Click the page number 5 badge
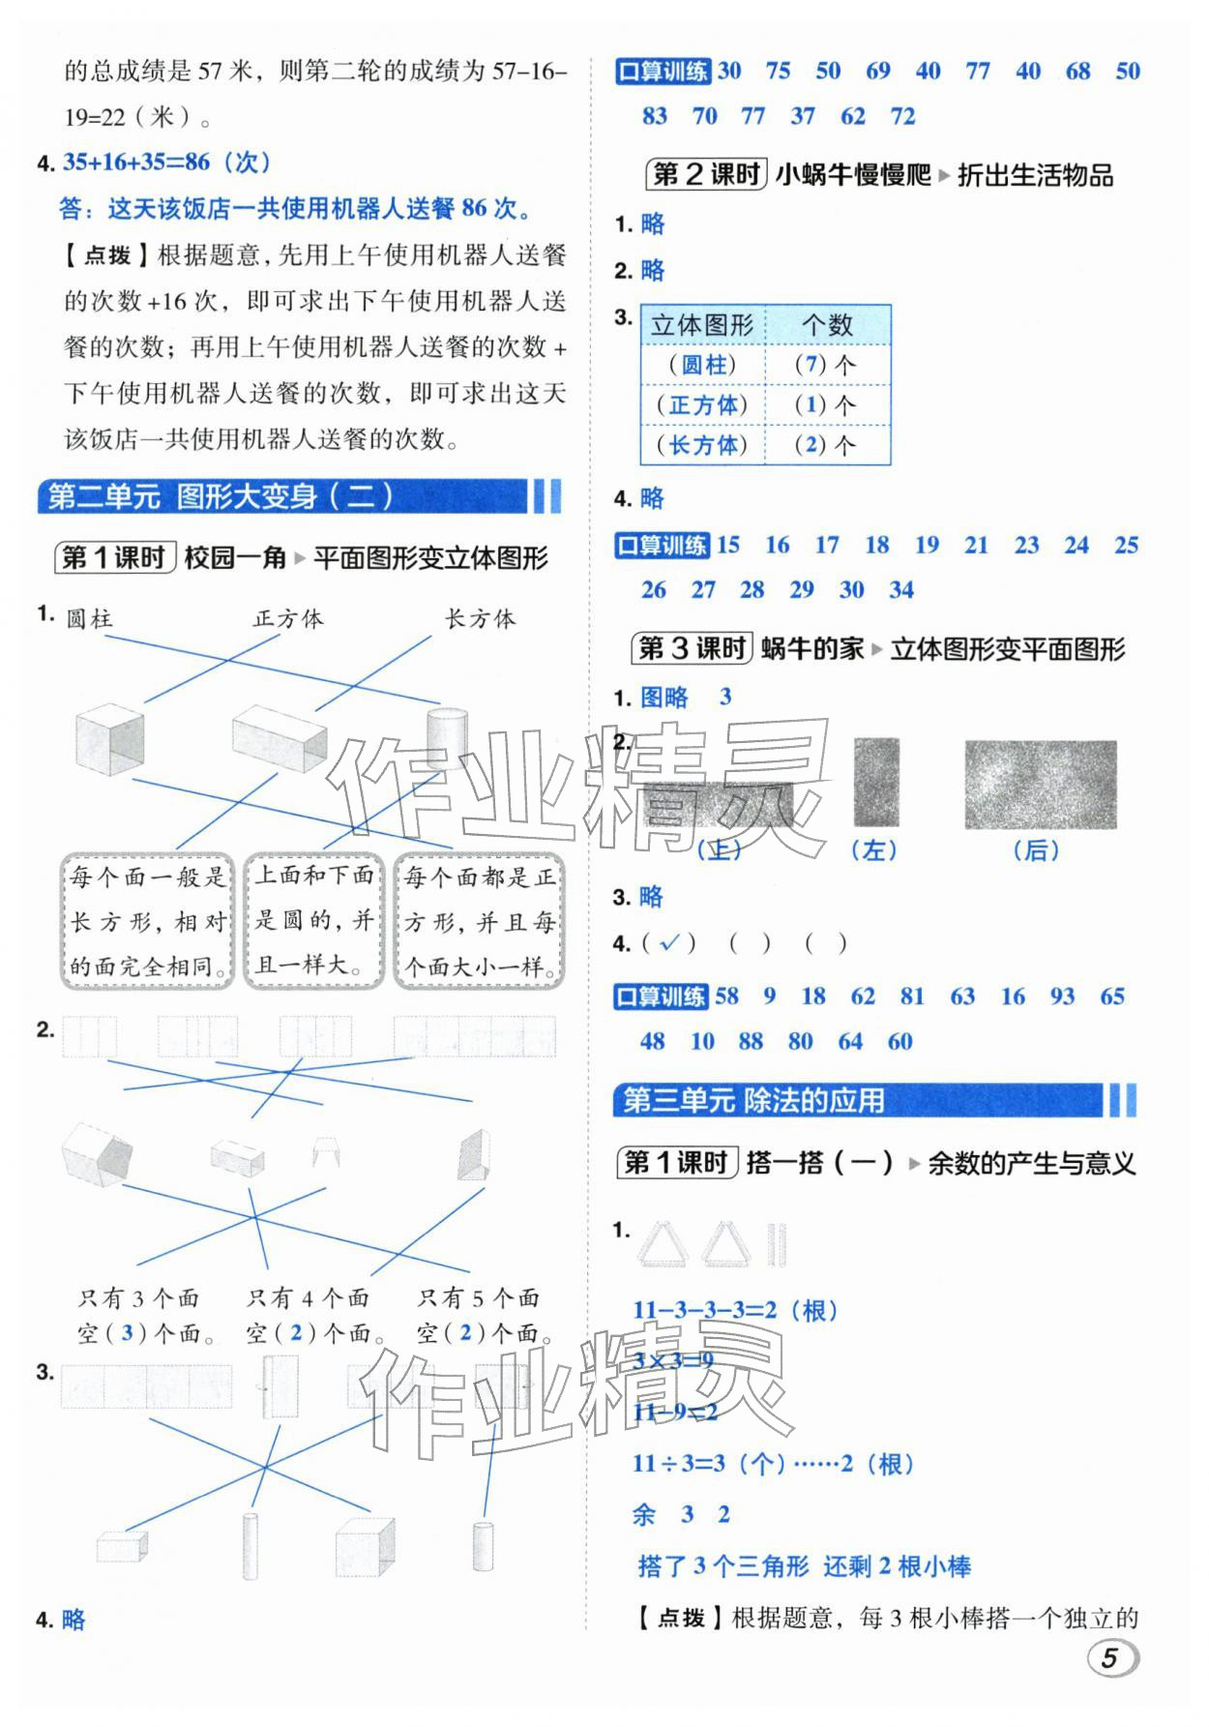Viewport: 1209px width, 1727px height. (1112, 1658)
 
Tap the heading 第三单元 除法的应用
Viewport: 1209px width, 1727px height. (753, 1100)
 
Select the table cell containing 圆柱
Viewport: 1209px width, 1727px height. (702, 365)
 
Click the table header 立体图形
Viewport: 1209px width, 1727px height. (702, 325)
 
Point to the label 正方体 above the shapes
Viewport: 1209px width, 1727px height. (288, 619)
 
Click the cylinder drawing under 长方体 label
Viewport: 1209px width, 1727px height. (448, 735)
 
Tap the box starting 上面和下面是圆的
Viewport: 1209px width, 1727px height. (314, 920)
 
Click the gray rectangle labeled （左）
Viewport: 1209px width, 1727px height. (876, 783)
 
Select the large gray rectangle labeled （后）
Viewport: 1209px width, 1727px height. (1040, 785)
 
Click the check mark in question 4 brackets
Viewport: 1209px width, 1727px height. (669, 942)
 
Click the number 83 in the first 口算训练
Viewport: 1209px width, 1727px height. (655, 116)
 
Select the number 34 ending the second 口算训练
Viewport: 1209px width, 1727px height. (900, 589)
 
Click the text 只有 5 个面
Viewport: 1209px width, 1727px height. (478, 1298)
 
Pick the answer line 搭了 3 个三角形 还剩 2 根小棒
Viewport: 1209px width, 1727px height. (804, 1565)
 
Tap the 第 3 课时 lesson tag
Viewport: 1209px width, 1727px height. (693, 649)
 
